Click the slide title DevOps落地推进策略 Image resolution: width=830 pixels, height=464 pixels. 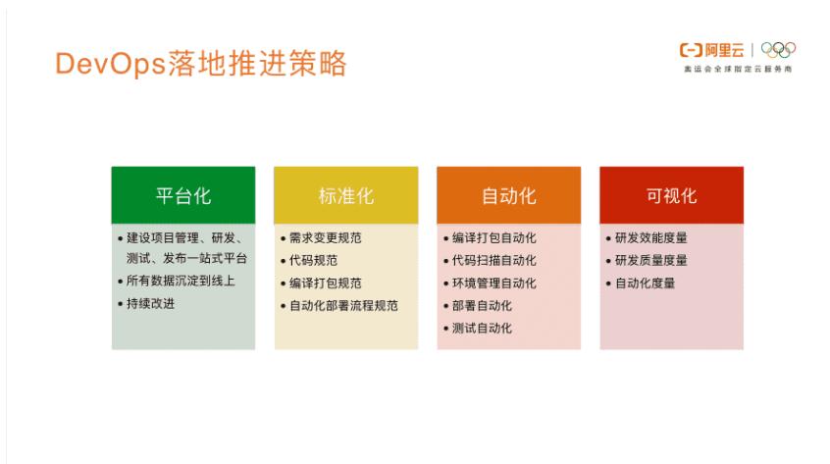tap(201, 64)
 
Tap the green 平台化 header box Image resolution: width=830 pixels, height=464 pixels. tap(183, 195)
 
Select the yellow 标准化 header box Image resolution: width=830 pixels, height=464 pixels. tap(345, 195)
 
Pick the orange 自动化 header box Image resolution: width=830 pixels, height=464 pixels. tap(508, 195)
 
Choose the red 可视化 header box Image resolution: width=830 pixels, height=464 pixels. tap(671, 195)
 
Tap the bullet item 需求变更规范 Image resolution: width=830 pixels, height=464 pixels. tap(326, 237)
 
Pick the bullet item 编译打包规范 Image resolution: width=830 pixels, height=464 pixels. tap(326, 283)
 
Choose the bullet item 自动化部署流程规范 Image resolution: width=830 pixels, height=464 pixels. tap(343, 305)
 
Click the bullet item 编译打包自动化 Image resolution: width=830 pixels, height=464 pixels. tap(494, 237)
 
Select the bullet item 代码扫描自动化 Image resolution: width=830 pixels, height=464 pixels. tap(494, 260)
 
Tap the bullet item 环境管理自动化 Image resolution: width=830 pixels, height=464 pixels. tap(494, 283)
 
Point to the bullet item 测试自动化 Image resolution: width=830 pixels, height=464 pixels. tap(482, 328)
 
